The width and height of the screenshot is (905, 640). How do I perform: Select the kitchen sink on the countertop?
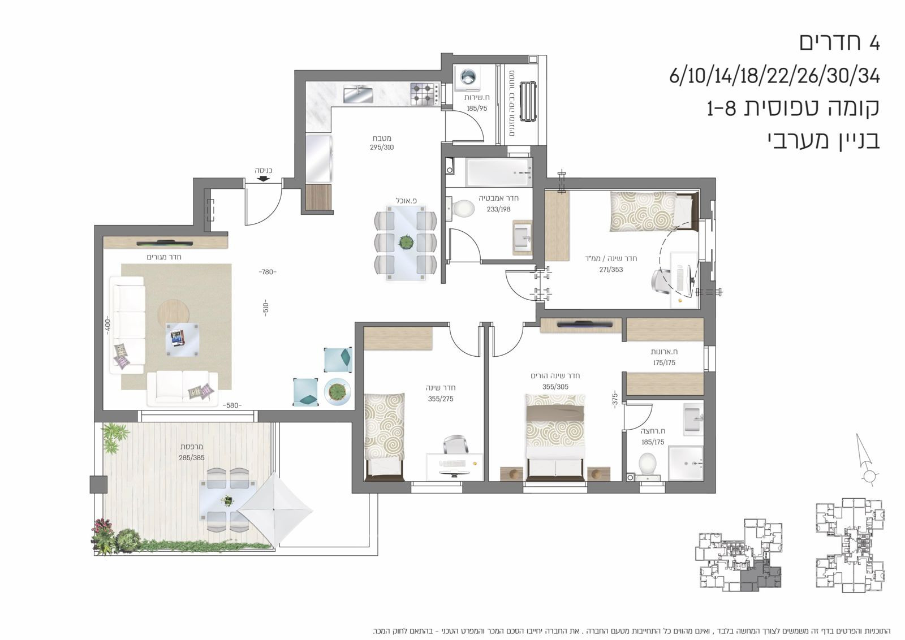coord(357,94)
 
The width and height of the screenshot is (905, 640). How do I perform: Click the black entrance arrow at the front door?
coord(263,179)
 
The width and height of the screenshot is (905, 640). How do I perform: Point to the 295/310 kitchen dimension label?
coord(382,148)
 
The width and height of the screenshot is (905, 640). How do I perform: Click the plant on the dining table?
coord(406,243)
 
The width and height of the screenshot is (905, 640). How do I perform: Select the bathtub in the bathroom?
coord(498,172)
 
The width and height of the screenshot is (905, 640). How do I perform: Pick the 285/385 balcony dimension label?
coord(192,458)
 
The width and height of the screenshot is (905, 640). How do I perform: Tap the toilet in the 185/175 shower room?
coord(648,464)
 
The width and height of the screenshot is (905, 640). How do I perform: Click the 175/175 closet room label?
coord(664,363)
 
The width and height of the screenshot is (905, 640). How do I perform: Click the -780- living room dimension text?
coord(268,273)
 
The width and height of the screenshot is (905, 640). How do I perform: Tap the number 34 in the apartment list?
coord(868,75)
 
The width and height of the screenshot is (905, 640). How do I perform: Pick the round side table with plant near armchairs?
coord(337,391)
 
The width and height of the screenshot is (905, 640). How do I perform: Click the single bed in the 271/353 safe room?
coord(650,211)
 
